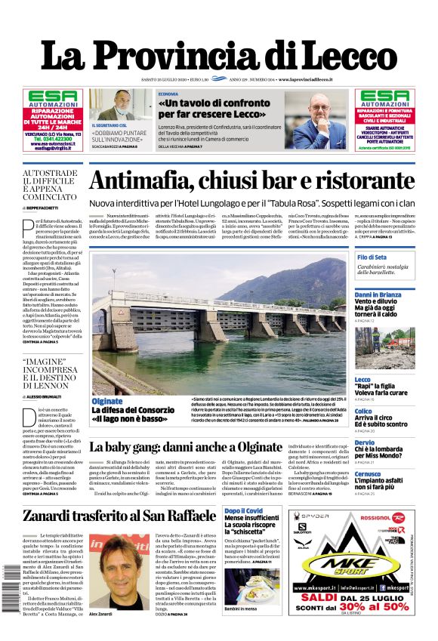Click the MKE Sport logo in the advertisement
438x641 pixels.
(345, 566)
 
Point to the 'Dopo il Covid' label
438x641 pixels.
(244, 512)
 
